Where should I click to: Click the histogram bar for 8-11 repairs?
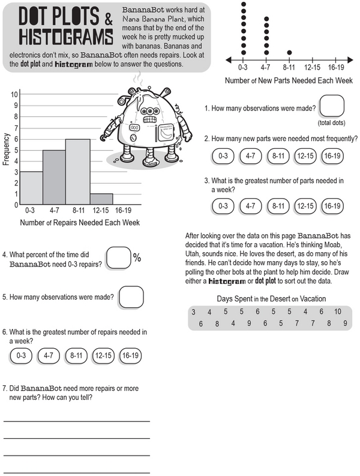pyautogui.click(x=78, y=172)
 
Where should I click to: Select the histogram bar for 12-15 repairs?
pyautogui.click(x=101, y=199)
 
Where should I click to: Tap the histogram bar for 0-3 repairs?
pyautogui.click(x=31, y=188)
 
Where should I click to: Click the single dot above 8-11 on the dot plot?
pyautogui.click(x=290, y=52)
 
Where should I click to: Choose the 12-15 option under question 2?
pyautogui.click(x=306, y=156)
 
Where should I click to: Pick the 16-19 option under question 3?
pyautogui.click(x=333, y=206)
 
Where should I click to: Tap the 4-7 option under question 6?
pyautogui.click(x=49, y=355)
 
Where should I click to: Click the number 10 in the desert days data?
pyautogui.click(x=338, y=312)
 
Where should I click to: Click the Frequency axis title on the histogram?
pyautogui.click(x=5, y=152)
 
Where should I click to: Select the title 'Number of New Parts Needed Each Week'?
pyautogui.click(x=289, y=81)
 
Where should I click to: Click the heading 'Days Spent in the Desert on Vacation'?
pyautogui.click(x=271, y=299)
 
